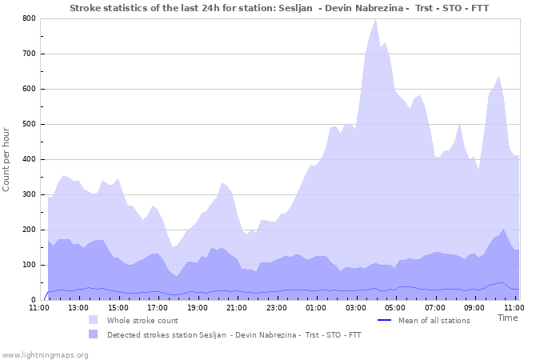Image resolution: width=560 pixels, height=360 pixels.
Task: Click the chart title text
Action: tap(279, 8)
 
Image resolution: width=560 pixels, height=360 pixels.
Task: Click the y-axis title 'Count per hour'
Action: tap(7, 159)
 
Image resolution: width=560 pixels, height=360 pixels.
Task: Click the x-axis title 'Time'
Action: tap(507, 318)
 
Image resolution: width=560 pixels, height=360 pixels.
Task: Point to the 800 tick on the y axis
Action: tap(29, 18)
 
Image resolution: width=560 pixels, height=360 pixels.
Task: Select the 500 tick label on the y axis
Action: tap(29, 124)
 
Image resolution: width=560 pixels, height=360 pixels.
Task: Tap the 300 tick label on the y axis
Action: tap(29, 194)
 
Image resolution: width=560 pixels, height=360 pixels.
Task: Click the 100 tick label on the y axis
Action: tap(29, 265)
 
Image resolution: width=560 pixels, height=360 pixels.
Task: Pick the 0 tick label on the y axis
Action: tap(33, 300)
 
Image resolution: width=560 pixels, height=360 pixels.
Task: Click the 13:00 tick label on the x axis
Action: tap(78, 307)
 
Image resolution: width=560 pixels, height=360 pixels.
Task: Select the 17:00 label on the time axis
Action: tap(158, 307)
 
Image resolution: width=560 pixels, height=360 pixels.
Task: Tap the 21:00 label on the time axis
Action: tap(237, 307)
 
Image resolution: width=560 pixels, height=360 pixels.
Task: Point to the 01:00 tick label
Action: tap(316, 307)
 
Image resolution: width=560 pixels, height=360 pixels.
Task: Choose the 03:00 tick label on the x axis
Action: tap(356, 307)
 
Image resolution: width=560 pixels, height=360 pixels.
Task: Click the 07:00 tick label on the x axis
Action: tap(435, 307)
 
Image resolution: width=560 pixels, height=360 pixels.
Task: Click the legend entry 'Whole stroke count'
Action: tap(142, 320)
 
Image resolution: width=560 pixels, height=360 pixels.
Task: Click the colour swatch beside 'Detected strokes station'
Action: tap(94, 334)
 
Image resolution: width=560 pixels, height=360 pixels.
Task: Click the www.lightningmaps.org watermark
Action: tap(45, 354)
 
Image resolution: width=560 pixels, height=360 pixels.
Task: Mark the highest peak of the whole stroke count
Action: tap(376, 19)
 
